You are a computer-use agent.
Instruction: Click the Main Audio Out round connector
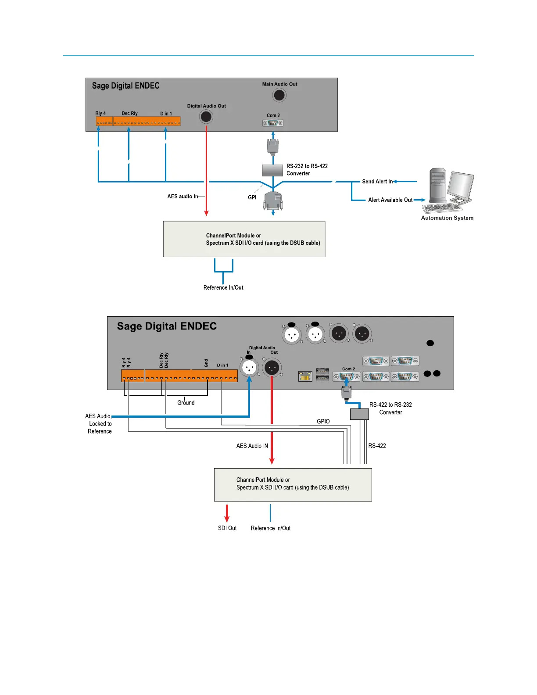pyautogui.click(x=279, y=95)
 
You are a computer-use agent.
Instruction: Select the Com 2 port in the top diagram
pyautogui.click(x=273, y=123)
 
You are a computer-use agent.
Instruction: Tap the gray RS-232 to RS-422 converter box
pyautogui.click(x=272, y=170)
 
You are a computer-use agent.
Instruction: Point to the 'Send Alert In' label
pyautogui.click(x=377, y=182)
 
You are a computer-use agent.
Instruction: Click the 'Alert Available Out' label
pyautogui.click(x=390, y=200)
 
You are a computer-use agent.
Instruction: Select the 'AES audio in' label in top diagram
pyautogui.click(x=183, y=197)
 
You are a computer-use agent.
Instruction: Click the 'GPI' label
pyautogui.click(x=252, y=197)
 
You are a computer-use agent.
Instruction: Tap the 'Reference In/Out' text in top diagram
pyautogui.click(x=223, y=288)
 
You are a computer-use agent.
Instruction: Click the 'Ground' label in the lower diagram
pyautogui.click(x=186, y=403)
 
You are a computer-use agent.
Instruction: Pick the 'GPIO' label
pyautogui.click(x=323, y=422)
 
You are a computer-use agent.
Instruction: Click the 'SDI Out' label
pyautogui.click(x=227, y=528)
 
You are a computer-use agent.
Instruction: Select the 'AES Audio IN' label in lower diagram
pyautogui.click(x=252, y=446)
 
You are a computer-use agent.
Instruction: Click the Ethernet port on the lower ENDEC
pyautogui.click(x=305, y=376)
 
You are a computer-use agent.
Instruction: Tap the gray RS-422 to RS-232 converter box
pyautogui.click(x=359, y=414)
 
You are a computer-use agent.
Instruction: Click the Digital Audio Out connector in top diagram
pyautogui.click(x=206, y=117)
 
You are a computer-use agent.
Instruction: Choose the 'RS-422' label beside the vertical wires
pyautogui.click(x=377, y=446)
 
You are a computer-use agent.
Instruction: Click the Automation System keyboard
pyautogui.click(x=443, y=208)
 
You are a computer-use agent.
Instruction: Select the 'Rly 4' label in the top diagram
pyautogui.click(x=100, y=113)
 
